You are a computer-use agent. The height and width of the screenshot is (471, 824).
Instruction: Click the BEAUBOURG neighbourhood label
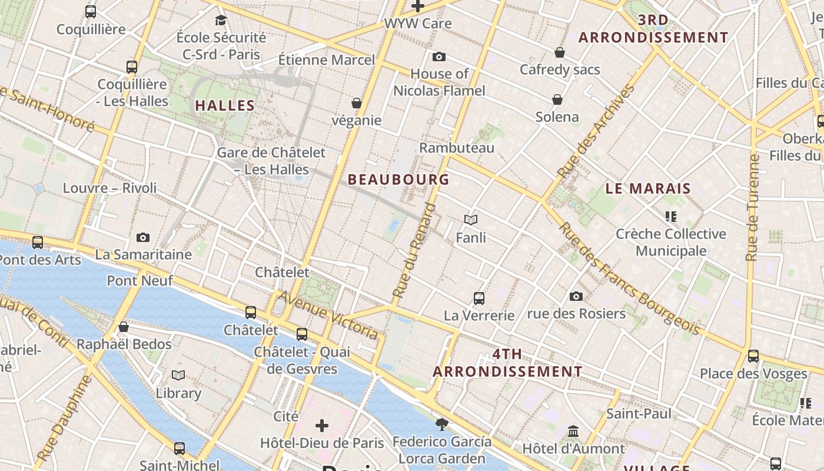point(398,180)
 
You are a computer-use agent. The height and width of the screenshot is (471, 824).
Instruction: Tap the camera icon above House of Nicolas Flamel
point(438,57)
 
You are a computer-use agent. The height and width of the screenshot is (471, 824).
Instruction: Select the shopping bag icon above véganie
point(356,103)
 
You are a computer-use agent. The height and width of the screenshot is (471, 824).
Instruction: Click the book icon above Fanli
point(470,220)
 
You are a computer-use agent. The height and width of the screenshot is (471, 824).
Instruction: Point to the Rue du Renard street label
point(414,250)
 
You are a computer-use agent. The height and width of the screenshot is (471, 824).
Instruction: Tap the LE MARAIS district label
point(648,189)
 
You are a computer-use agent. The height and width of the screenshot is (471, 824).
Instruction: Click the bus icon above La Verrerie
point(479,298)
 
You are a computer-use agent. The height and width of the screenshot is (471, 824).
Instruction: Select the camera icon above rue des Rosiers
point(576,296)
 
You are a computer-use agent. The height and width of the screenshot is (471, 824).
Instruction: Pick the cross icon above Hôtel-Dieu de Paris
point(322,425)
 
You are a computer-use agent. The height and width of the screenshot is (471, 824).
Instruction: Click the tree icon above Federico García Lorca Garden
point(441,424)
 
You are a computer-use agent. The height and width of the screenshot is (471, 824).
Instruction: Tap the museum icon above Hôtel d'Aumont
point(573,432)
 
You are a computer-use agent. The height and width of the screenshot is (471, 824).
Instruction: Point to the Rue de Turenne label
point(752,207)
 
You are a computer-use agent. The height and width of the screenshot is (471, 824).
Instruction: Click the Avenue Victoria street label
point(328,315)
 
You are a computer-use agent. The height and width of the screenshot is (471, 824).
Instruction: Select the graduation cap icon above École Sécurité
point(221,20)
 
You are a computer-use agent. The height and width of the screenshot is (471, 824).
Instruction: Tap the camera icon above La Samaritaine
point(142,237)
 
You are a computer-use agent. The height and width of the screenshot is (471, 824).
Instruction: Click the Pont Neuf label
point(140,281)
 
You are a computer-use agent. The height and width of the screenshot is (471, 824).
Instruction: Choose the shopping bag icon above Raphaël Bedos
point(124,327)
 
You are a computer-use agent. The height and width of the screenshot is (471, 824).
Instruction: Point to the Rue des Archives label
point(596,131)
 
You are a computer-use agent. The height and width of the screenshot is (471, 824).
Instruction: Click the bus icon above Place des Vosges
point(753,356)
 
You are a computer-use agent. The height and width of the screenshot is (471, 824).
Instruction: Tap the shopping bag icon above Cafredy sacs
point(560,52)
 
